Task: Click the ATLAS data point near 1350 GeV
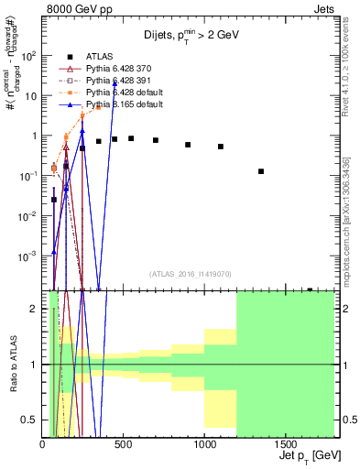coord(261,171)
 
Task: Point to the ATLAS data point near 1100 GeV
coord(221,147)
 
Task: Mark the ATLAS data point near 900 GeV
coord(188,145)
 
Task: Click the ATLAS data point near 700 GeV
coord(156,140)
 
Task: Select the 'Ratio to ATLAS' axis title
coord(12,365)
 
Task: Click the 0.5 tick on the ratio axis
coord(32,420)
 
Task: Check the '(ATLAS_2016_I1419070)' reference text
coord(190,272)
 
